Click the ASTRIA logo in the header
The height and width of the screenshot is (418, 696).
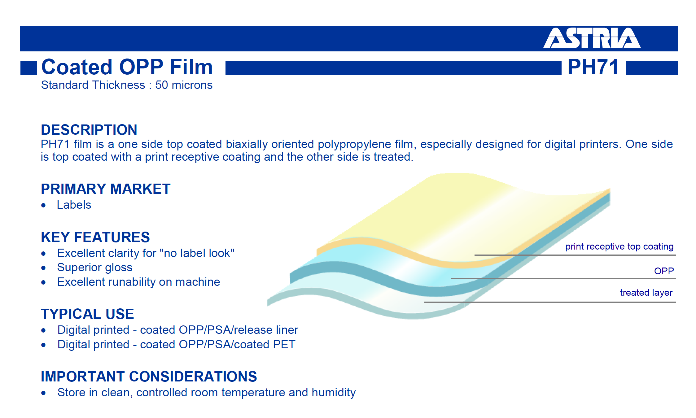pyautogui.click(x=592, y=38)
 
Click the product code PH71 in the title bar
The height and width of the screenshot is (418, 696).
pyautogui.click(x=593, y=67)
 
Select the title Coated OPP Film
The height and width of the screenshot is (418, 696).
pyautogui.click(x=127, y=67)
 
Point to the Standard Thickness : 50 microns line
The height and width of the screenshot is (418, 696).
pyautogui.click(x=127, y=85)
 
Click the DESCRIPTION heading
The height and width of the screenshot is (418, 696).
pyautogui.click(x=89, y=130)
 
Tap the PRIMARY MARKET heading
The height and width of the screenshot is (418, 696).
pyautogui.click(x=106, y=189)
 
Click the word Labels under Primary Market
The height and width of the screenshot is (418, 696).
pyautogui.click(x=74, y=205)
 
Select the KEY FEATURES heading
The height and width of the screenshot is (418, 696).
pyautogui.click(x=95, y=237)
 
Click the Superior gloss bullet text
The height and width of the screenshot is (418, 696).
pyautogui.click(x=95, y=268)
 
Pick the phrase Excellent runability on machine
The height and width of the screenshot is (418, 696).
pyautogui.click(x=139, y=282)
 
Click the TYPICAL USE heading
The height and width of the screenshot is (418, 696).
pyautogui.click(x=87, y=314)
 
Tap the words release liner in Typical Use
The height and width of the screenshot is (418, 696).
pyautogui.click(x=266, y=330)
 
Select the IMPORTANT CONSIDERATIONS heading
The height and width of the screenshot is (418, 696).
pyautogui.click(x=149, y=377)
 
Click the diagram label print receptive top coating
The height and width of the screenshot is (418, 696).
pyautogui.click(x=619, y=246)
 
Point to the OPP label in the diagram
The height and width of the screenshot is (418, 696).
pyautogui.click(x=664, y=271)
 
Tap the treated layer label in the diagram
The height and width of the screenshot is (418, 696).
pyautogui.click(x=646, y=293)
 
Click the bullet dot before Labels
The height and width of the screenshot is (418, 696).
pyautogui.click(x=43, y=205)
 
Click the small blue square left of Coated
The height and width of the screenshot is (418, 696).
pyautogui.click(x=29, y=68)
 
